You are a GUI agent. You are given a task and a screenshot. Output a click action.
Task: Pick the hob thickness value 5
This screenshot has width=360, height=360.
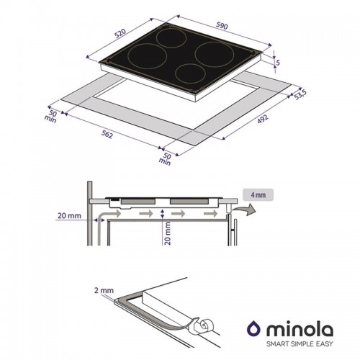(278, 62)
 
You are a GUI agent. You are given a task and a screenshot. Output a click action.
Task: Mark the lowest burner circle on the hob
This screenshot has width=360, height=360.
(189, 74)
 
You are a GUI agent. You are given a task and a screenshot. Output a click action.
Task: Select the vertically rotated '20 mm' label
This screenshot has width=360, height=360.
(168, 233)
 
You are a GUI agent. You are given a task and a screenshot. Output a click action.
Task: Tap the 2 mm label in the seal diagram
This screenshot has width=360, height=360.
(104, 290)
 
